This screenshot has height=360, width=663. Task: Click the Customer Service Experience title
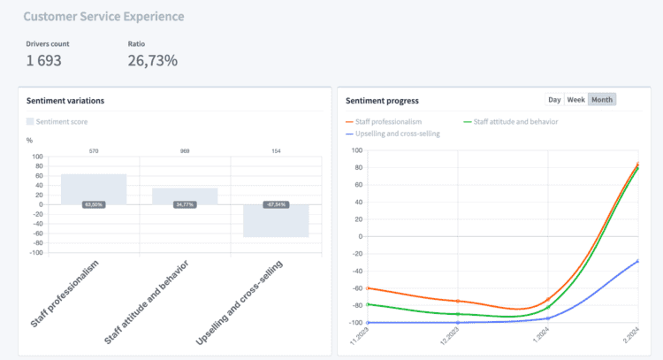(104, 17)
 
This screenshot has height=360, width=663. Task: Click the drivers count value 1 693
(43, 61)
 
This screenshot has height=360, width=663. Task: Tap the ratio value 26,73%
(152, 61)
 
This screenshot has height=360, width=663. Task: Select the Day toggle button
(554, 100)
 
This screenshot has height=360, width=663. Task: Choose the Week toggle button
(575, 100)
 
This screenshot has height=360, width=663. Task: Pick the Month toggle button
(602, 100)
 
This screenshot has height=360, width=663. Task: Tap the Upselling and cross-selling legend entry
(396, 134)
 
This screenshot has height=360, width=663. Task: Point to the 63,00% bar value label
(94, 204)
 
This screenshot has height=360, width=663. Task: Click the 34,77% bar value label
(185, 204)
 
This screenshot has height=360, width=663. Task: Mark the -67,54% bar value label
(276, 204)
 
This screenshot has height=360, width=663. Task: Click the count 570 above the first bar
(94, 151)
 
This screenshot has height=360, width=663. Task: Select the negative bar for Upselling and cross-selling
(276, 223)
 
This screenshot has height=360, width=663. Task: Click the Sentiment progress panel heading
(382, 101)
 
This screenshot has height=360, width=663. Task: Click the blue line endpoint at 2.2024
(638, 261)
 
